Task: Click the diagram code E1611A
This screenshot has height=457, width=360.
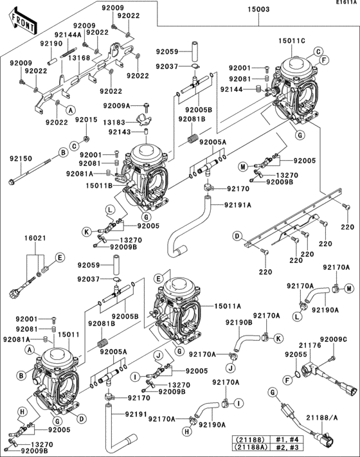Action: (x=345, y=3)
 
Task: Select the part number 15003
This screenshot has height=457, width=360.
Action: (x=260, y=10)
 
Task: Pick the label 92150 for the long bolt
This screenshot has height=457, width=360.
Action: (x=21, y=158)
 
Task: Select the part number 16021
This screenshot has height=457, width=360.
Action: (x=35, y=238)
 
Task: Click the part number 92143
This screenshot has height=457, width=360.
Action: (x=119, y=132)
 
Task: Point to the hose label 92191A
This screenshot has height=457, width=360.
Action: (x=237, y=205)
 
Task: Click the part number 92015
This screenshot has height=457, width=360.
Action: (x=86, y=120)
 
